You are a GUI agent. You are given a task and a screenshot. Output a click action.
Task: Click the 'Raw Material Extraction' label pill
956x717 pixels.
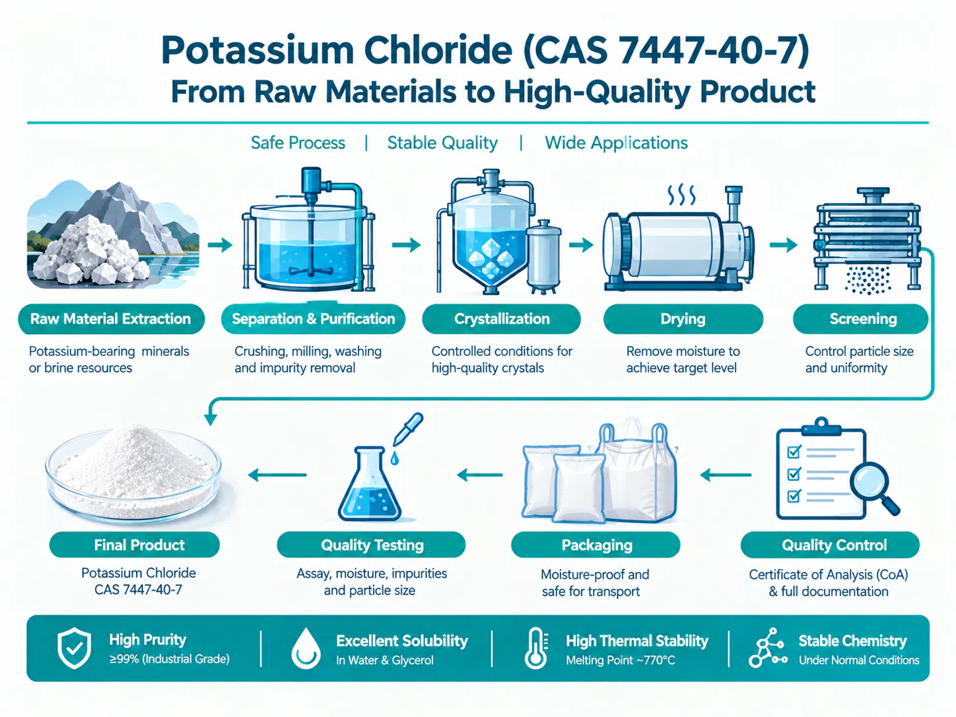coord(111,319)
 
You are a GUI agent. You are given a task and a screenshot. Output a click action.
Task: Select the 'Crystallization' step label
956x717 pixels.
coord(501,319)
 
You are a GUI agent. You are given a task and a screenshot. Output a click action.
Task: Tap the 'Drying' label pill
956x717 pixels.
coord(683,319)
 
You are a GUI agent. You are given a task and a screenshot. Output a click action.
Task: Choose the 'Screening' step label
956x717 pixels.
coord(861,319)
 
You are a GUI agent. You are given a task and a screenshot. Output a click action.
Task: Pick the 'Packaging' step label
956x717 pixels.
coord(596,545)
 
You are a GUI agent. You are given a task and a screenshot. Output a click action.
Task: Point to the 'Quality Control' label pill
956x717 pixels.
coord(830,545)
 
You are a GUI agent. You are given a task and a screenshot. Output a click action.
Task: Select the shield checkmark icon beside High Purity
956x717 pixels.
coord(75,648)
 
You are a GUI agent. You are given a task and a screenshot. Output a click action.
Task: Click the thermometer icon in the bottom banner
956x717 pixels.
coord(536,648)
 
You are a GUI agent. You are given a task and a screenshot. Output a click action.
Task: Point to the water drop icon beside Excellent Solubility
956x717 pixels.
coord(306,648)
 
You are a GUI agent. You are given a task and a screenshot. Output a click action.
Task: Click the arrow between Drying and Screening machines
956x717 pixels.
coord(783,245)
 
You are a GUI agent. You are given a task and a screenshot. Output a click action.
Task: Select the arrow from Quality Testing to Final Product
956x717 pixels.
coord(277,475)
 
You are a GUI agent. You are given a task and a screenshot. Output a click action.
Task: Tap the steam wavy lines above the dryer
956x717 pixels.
coord(682,195)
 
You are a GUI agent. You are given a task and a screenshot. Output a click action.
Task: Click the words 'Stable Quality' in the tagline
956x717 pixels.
coord(442,143)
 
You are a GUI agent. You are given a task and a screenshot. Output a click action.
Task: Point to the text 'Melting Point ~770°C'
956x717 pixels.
coord(620,660)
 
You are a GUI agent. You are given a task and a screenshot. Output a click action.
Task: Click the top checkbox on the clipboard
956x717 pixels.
coord(794,452)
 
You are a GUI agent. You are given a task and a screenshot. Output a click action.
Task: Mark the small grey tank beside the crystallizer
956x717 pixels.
coord(543,256)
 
